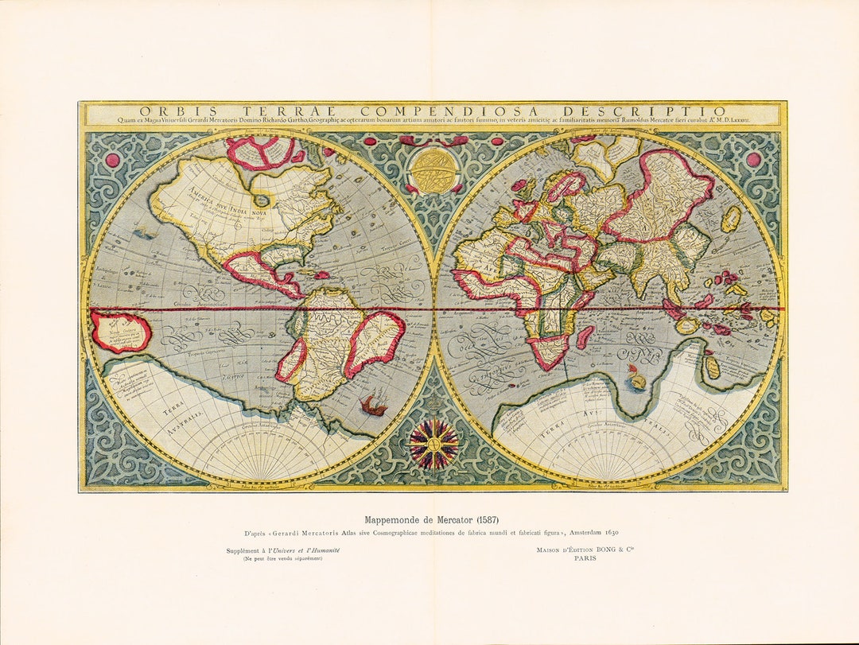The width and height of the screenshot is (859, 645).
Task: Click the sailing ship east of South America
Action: (x=373, y=406)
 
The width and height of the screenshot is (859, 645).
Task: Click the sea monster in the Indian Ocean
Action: (x=636, y=377)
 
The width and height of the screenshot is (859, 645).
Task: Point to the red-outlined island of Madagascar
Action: (x=585, y=336)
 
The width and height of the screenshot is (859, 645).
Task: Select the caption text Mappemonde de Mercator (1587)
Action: (x=432, y=519)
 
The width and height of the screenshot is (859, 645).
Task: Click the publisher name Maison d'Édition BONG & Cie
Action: (x=585, y=548)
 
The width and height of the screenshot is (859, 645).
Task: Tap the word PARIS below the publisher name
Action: (x=585, y=558)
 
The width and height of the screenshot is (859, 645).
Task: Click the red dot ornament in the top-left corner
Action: (x=112, y=160)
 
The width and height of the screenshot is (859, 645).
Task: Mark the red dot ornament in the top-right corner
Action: (x=753, y=159)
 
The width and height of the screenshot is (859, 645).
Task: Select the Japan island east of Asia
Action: (x=731, y=218)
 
